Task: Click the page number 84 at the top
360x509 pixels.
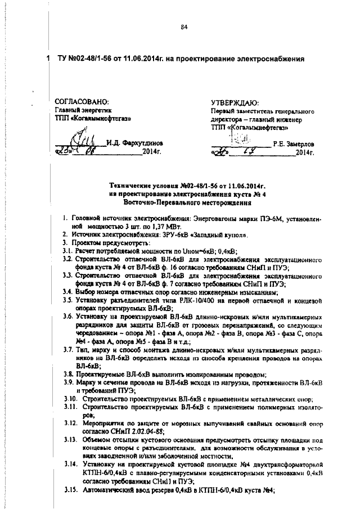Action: [183, 28]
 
